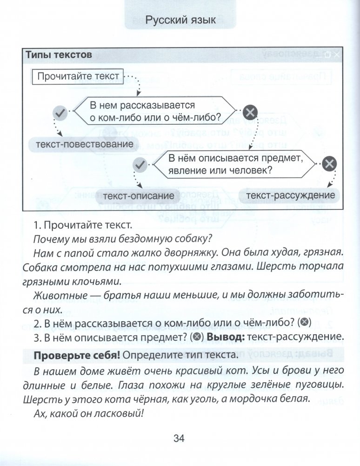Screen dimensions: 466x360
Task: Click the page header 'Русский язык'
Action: pyautogui.click(x=180, y=21)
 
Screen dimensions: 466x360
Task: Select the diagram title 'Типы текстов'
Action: pyautogui.click(x=59, y=55)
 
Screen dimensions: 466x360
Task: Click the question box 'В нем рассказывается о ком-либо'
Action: pyautogui.click(x=155, y=111)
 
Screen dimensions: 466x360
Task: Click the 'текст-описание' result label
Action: pyautogui.click(x=138, y=196)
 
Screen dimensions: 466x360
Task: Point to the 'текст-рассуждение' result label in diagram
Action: pyautogui.click(x=290, y=196)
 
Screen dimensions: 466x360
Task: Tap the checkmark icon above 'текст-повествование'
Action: pyautogui.click(x=59, y=112)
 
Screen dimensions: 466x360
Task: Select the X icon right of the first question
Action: pyautogui.click(x=250, y=112)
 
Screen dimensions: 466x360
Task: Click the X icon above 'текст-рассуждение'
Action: pyautogui.click(x=329, y=164)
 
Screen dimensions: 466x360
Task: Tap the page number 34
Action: pyautogui.click(x=179, y=438)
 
